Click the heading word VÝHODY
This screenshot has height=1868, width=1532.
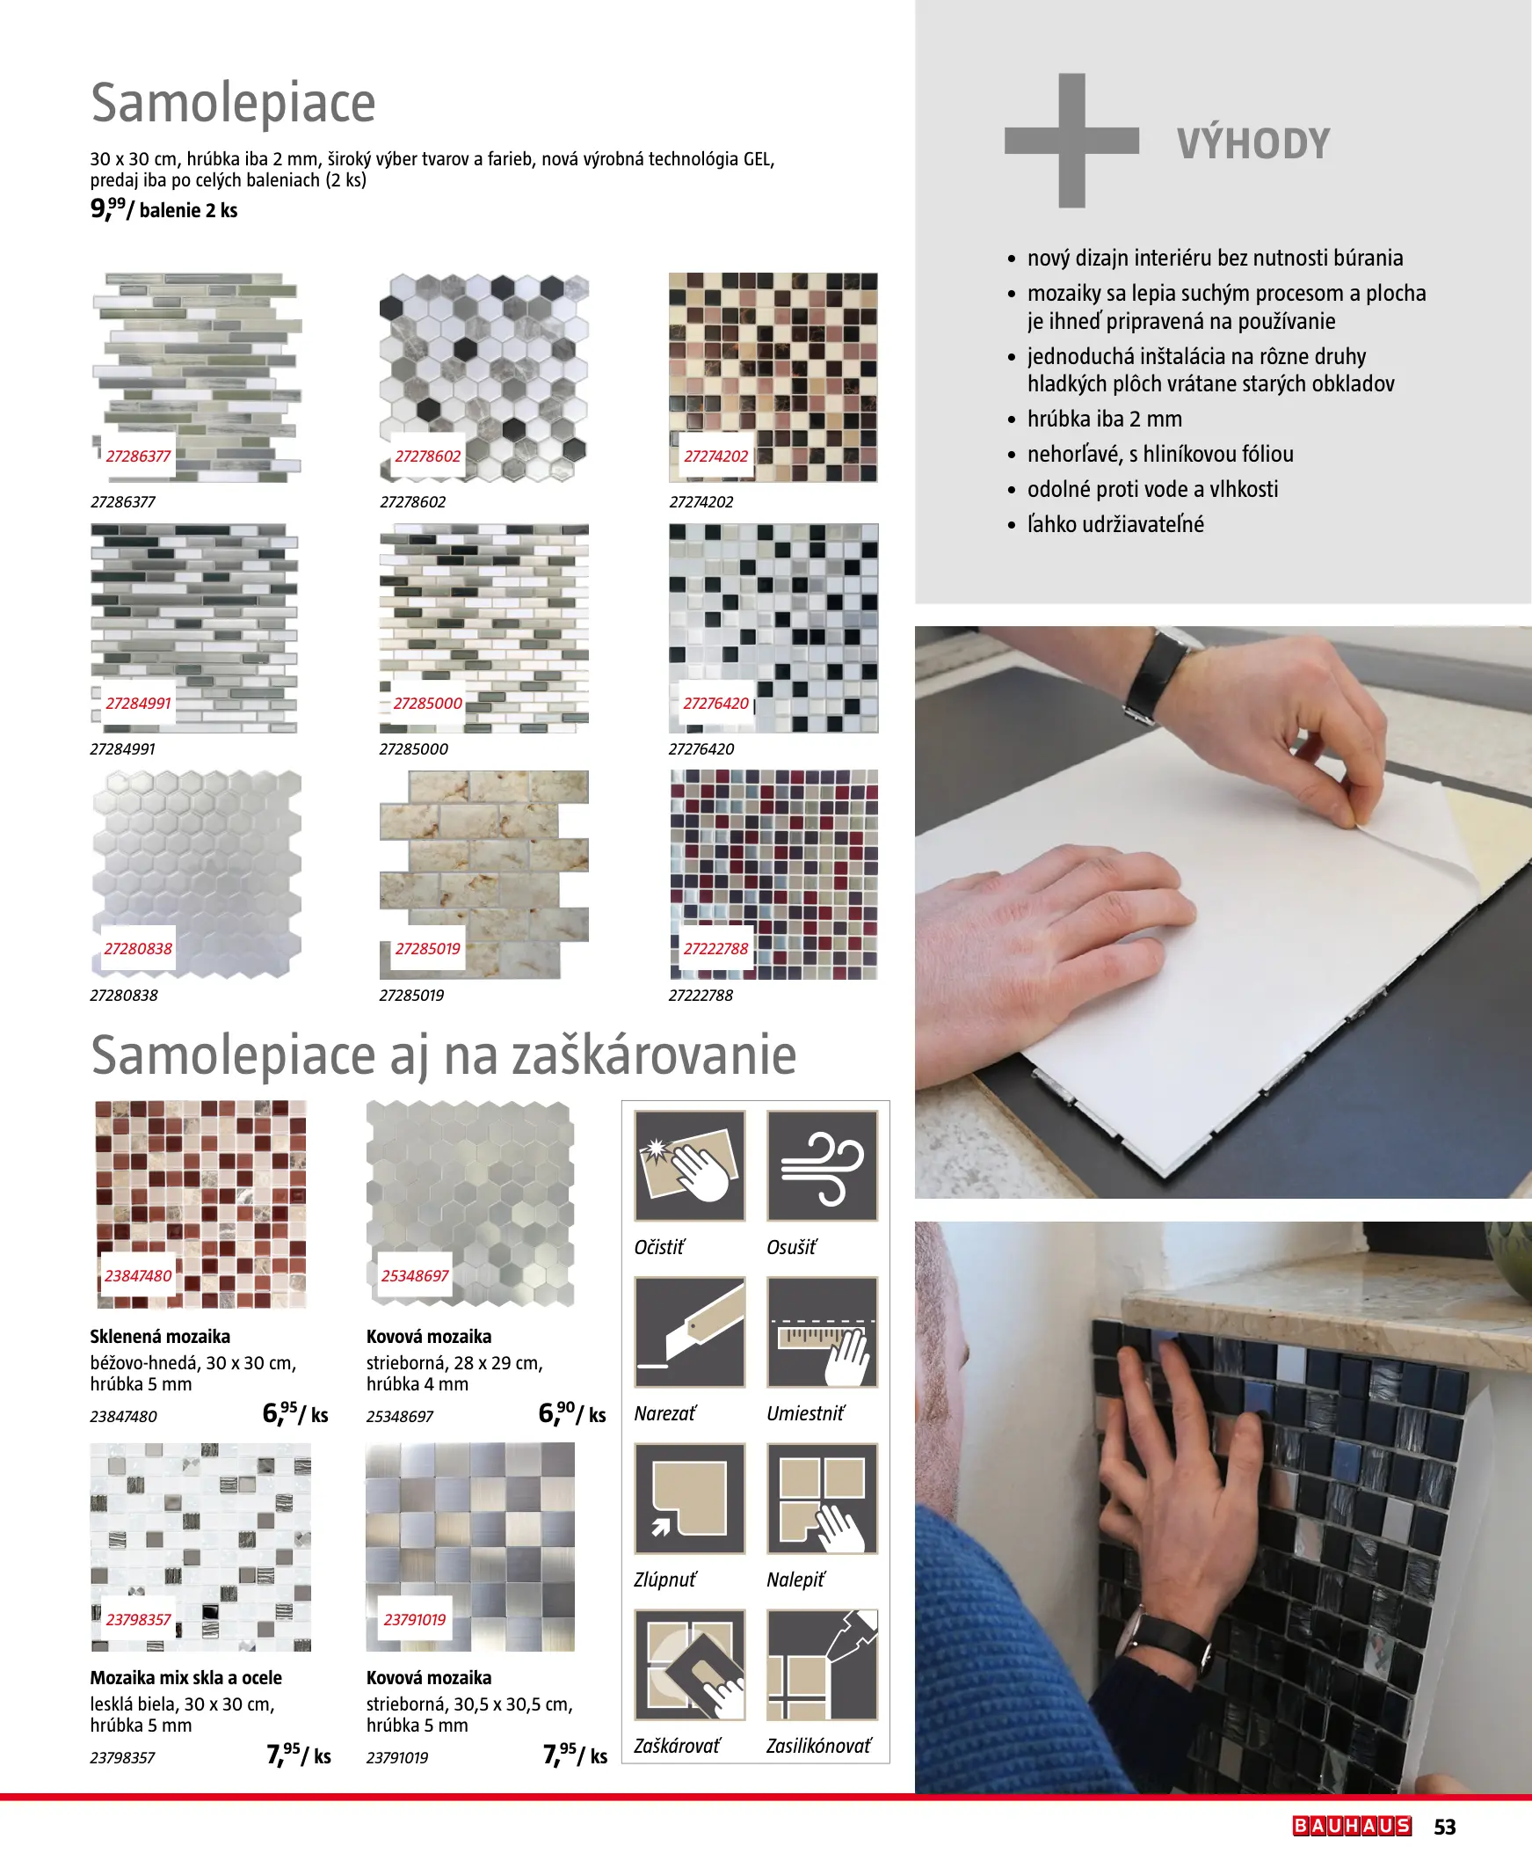pos(1253,143)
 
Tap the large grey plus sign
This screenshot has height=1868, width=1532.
pos(1071,141)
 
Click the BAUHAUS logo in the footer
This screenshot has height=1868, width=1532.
pos(1352,1826)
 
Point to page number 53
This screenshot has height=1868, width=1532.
pos(1445,1827)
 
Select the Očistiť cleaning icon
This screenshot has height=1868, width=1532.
pos(689,1165)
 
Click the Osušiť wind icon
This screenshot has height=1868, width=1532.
pos(823,1165)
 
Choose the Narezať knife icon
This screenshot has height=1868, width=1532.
pos(689,1332)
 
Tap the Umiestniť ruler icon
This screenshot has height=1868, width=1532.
pos(823,1332)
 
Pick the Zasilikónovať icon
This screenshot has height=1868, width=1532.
pos(823,1664)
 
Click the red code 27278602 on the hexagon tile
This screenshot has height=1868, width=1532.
pos(427,456)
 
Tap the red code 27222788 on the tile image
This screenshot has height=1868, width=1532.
pos(715,949)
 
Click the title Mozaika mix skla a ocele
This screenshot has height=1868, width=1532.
pos(186,1677)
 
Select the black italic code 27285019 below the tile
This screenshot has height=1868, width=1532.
pos(411,995)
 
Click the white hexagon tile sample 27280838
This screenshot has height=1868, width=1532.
pos(196,874)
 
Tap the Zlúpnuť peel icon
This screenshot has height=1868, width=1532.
pos(689,1498)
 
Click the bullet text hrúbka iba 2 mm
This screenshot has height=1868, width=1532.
pos(1104,419)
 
